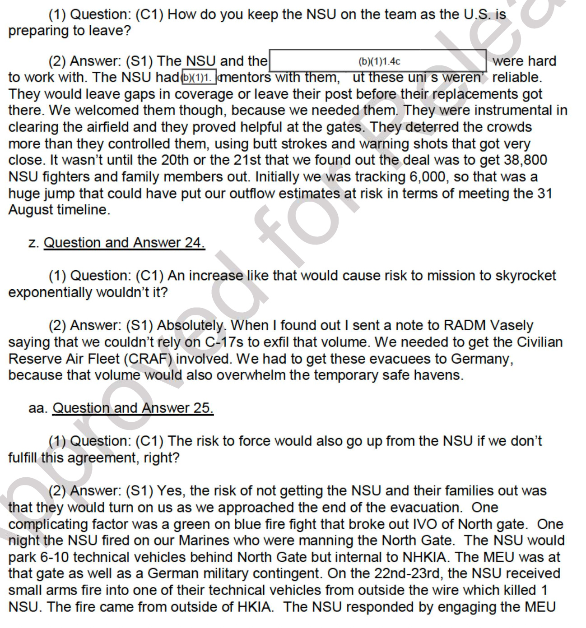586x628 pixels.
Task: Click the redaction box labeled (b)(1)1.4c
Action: click(x=378, y=61)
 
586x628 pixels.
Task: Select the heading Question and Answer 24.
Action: click(x=124, y=243)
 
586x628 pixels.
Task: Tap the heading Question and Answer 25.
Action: click(x=133, y=408)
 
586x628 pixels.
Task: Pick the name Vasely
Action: click(x=512, y=325)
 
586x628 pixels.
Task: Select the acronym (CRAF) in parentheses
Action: click(x=148, y=359)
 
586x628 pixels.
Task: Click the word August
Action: click(x=31, y=210)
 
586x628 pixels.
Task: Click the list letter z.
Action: click(x=32, y=243)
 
